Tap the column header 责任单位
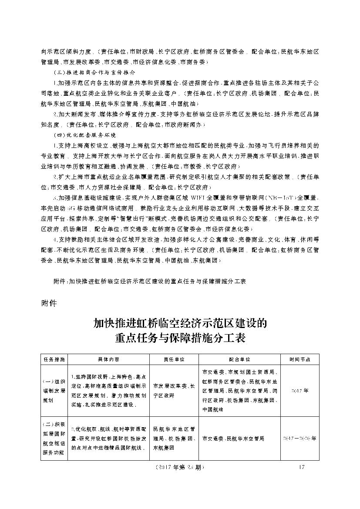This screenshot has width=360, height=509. [174, 360]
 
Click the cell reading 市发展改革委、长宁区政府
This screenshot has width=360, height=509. [174, 391]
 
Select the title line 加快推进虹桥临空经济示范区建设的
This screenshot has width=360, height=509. [180, 324]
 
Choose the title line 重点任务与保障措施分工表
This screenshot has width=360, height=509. [180, 338]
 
